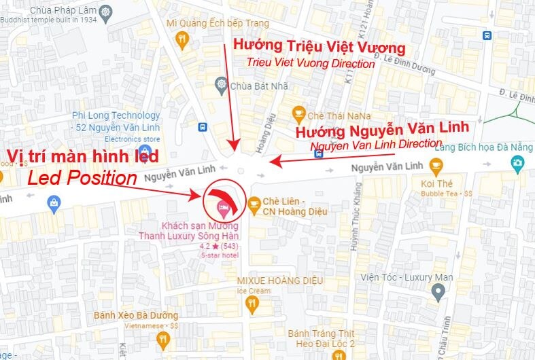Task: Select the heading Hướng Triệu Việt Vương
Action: point(319,47)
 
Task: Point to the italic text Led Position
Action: point(82,179)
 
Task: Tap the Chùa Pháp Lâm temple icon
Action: point(105,11)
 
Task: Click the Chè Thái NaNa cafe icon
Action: point(298,112)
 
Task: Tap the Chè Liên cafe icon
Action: point(254,202)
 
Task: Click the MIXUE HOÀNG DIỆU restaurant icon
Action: point(254,305)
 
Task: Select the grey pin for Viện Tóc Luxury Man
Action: point(438,292)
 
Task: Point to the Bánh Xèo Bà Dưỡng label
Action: point(137,316)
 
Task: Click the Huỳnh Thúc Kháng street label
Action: point(354,217)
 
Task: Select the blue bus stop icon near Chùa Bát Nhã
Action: point(201,127)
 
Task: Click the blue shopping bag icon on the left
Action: point(54,202)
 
